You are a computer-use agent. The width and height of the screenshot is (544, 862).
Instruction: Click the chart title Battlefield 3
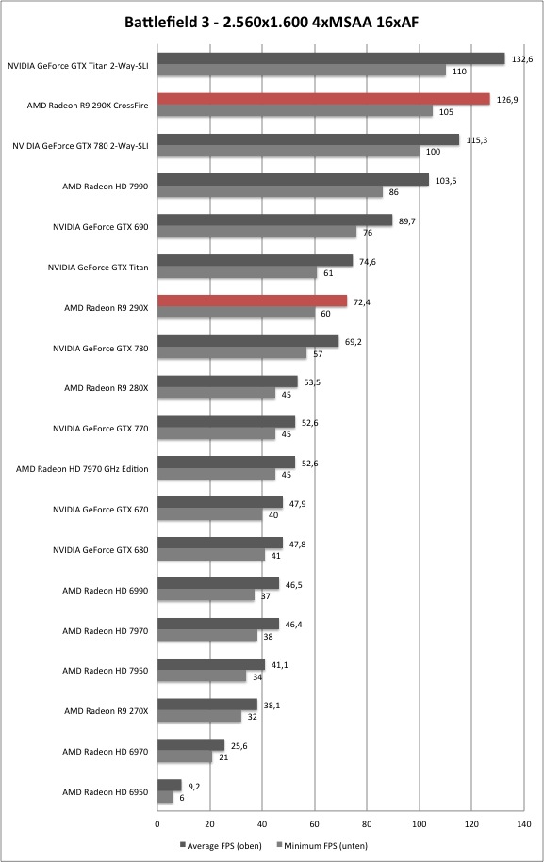[164, 22]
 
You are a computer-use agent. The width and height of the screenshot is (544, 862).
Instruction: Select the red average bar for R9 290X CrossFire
[323, 99]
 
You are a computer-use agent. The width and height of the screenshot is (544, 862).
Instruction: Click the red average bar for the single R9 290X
[252, 301]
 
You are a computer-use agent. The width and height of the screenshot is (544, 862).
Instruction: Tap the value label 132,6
[522, 59]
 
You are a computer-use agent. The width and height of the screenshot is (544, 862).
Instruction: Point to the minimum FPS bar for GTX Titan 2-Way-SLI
[302, 71]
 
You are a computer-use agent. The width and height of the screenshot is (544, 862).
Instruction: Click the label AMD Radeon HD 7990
[105, 187]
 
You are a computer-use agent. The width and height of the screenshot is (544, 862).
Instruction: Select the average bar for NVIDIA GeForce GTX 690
[275, 220]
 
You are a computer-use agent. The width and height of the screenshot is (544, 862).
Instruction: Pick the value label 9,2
[193, 786]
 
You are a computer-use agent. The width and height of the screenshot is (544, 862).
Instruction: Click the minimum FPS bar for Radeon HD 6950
[165, 797]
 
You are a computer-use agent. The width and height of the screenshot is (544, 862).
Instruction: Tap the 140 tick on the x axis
[524, 824]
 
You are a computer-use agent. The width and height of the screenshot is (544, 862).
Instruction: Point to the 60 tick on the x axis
[314, 824]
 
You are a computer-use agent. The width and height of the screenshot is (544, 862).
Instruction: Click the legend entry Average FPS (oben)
[222, 845]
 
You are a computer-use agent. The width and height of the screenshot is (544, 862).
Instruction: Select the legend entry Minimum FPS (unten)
[322, 845]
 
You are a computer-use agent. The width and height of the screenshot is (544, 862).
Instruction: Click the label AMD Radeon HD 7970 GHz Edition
[82, 469]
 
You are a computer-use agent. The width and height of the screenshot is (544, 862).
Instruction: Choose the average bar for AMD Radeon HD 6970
[190, 745]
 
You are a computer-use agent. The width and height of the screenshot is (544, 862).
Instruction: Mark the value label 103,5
[446, 180]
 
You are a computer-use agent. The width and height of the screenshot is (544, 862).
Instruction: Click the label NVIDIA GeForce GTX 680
[101, 550]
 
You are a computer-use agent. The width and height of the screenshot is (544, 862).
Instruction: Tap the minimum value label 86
[394, 192]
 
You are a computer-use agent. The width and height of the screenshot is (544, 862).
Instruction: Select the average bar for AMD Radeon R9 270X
[207, 705]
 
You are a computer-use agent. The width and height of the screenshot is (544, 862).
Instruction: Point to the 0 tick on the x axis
[157, 824]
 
